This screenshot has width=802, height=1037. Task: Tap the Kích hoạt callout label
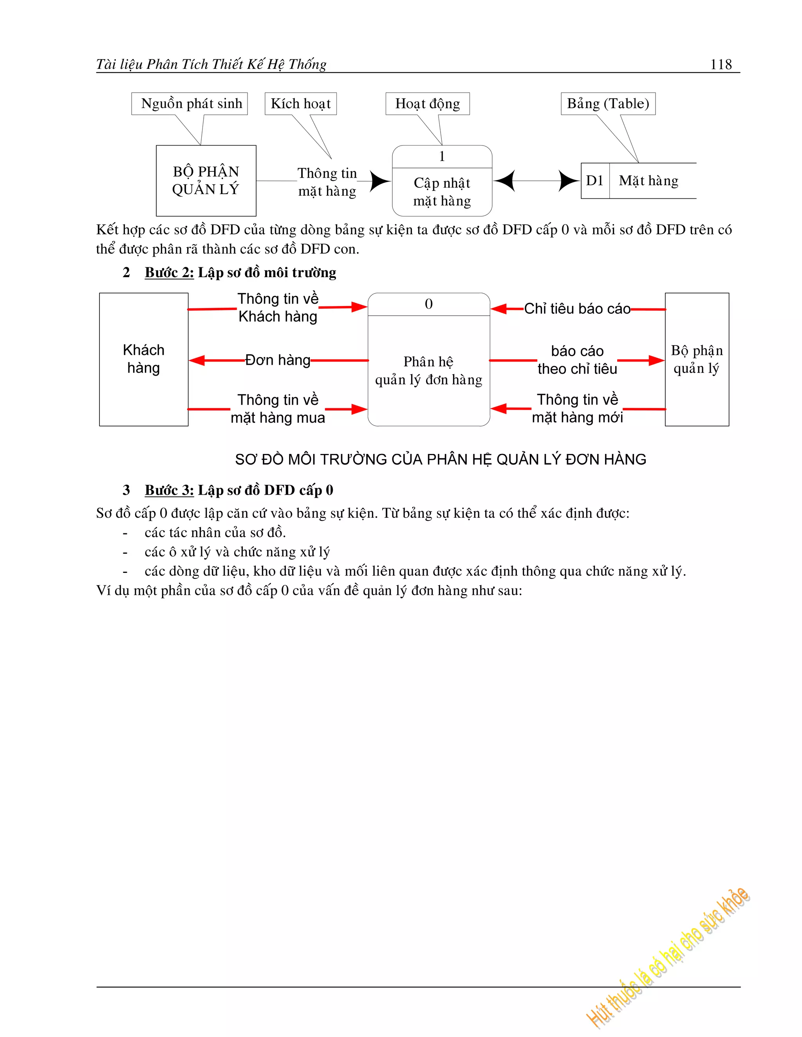[x=300, y=104]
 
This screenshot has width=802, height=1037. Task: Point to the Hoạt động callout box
[x=427, y=104]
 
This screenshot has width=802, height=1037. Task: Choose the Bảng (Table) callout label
[x=608, y=104]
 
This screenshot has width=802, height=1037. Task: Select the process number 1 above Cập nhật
[x=442, y=156]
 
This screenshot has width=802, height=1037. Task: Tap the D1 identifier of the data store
[x=594, y=180]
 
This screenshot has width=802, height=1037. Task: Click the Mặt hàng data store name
[x=648, y=180]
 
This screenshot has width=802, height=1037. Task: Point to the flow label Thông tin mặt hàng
[x=327, y=182]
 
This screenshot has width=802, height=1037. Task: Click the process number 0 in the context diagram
[x=428, y=304]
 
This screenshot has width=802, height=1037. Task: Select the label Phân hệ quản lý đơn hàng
[x=428, y=370]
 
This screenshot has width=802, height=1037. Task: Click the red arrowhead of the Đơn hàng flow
[x=197, y=360]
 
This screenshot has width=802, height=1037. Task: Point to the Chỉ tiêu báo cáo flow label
[x=577, y=309]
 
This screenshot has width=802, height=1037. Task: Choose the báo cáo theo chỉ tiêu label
[x=577, y=360]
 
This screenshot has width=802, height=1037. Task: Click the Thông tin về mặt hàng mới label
[x=577, y=408]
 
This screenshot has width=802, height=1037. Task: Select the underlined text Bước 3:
[x=169, y=490]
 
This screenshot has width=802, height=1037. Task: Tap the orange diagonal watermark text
[x=668, y=959]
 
